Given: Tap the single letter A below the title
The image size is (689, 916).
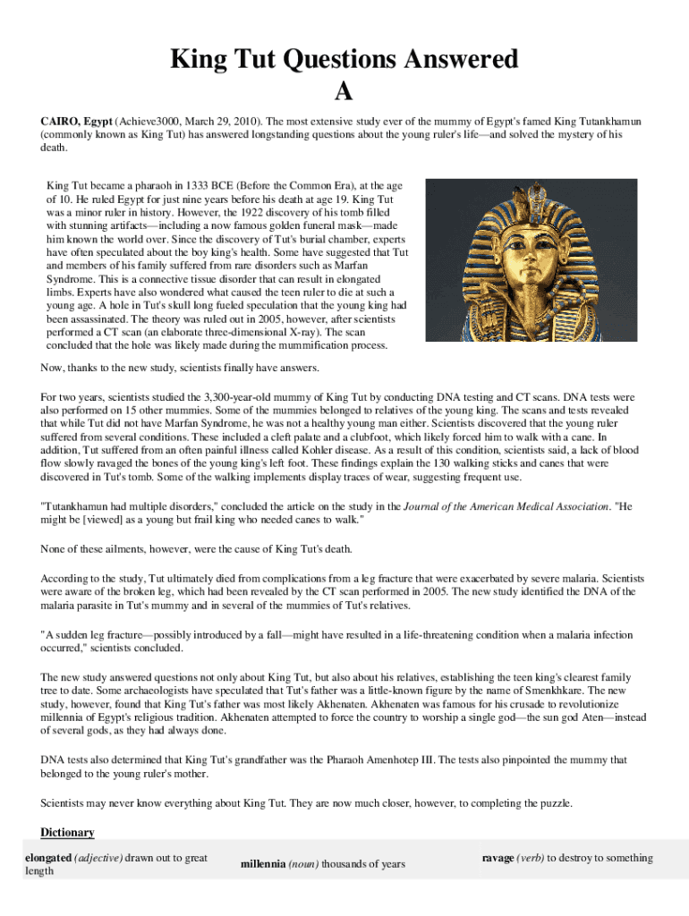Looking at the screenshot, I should [x=344, y=91].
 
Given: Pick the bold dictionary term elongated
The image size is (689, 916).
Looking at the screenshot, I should [x=48, y=859].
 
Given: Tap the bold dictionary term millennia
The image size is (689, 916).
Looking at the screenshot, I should [x=263, y=865].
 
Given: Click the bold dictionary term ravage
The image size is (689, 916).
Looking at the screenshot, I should [x=498, y=859].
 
